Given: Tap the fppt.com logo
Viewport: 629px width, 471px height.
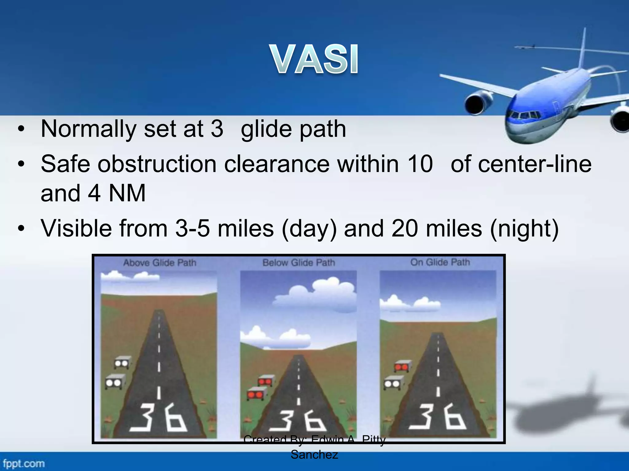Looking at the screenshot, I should tap(24, 463).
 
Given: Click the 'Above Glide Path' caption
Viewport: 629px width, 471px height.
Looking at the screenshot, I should tap(160, 263).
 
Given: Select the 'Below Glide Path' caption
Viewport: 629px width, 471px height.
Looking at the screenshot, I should tap(299, 263).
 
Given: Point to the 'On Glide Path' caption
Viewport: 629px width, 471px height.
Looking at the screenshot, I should tap(440, 262).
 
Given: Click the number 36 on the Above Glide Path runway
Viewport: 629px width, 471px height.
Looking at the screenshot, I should tap(158, 418).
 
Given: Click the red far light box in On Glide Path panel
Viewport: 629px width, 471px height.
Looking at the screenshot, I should tap(402, 366).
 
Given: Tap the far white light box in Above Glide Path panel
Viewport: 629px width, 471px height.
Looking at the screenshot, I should tap(122, 363).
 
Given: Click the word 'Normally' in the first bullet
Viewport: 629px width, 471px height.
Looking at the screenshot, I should tap(88, 129).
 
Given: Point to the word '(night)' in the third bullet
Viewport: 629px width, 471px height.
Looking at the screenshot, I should tap(524, 229).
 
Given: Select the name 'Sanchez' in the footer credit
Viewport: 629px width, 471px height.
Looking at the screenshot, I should tap(314, 454).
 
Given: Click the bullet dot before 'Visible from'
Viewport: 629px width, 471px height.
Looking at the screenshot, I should tap(21, 229).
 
